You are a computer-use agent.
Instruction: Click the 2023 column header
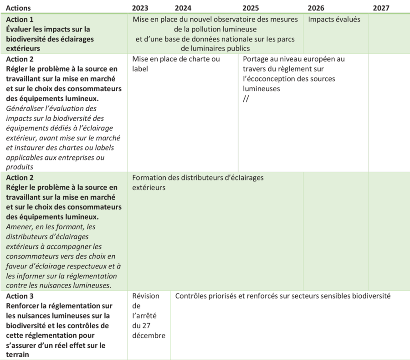[140, 8]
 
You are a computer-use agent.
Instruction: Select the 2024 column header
[183, 8]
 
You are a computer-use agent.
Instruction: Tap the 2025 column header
[251, 8]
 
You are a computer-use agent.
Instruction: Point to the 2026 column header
[316, 8]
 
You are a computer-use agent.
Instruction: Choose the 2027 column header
[381, 8]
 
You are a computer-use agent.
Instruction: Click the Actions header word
[19, 8]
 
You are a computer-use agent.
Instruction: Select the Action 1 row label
[20, 20]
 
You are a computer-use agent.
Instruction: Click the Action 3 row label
[20, 296]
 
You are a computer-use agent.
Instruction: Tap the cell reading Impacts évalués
[334, 20]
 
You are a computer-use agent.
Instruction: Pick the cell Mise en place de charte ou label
[176, 63]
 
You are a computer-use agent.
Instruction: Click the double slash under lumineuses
[246, 98]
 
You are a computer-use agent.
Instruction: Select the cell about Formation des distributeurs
[198, 182]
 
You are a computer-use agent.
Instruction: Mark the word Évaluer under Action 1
[20, 29]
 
